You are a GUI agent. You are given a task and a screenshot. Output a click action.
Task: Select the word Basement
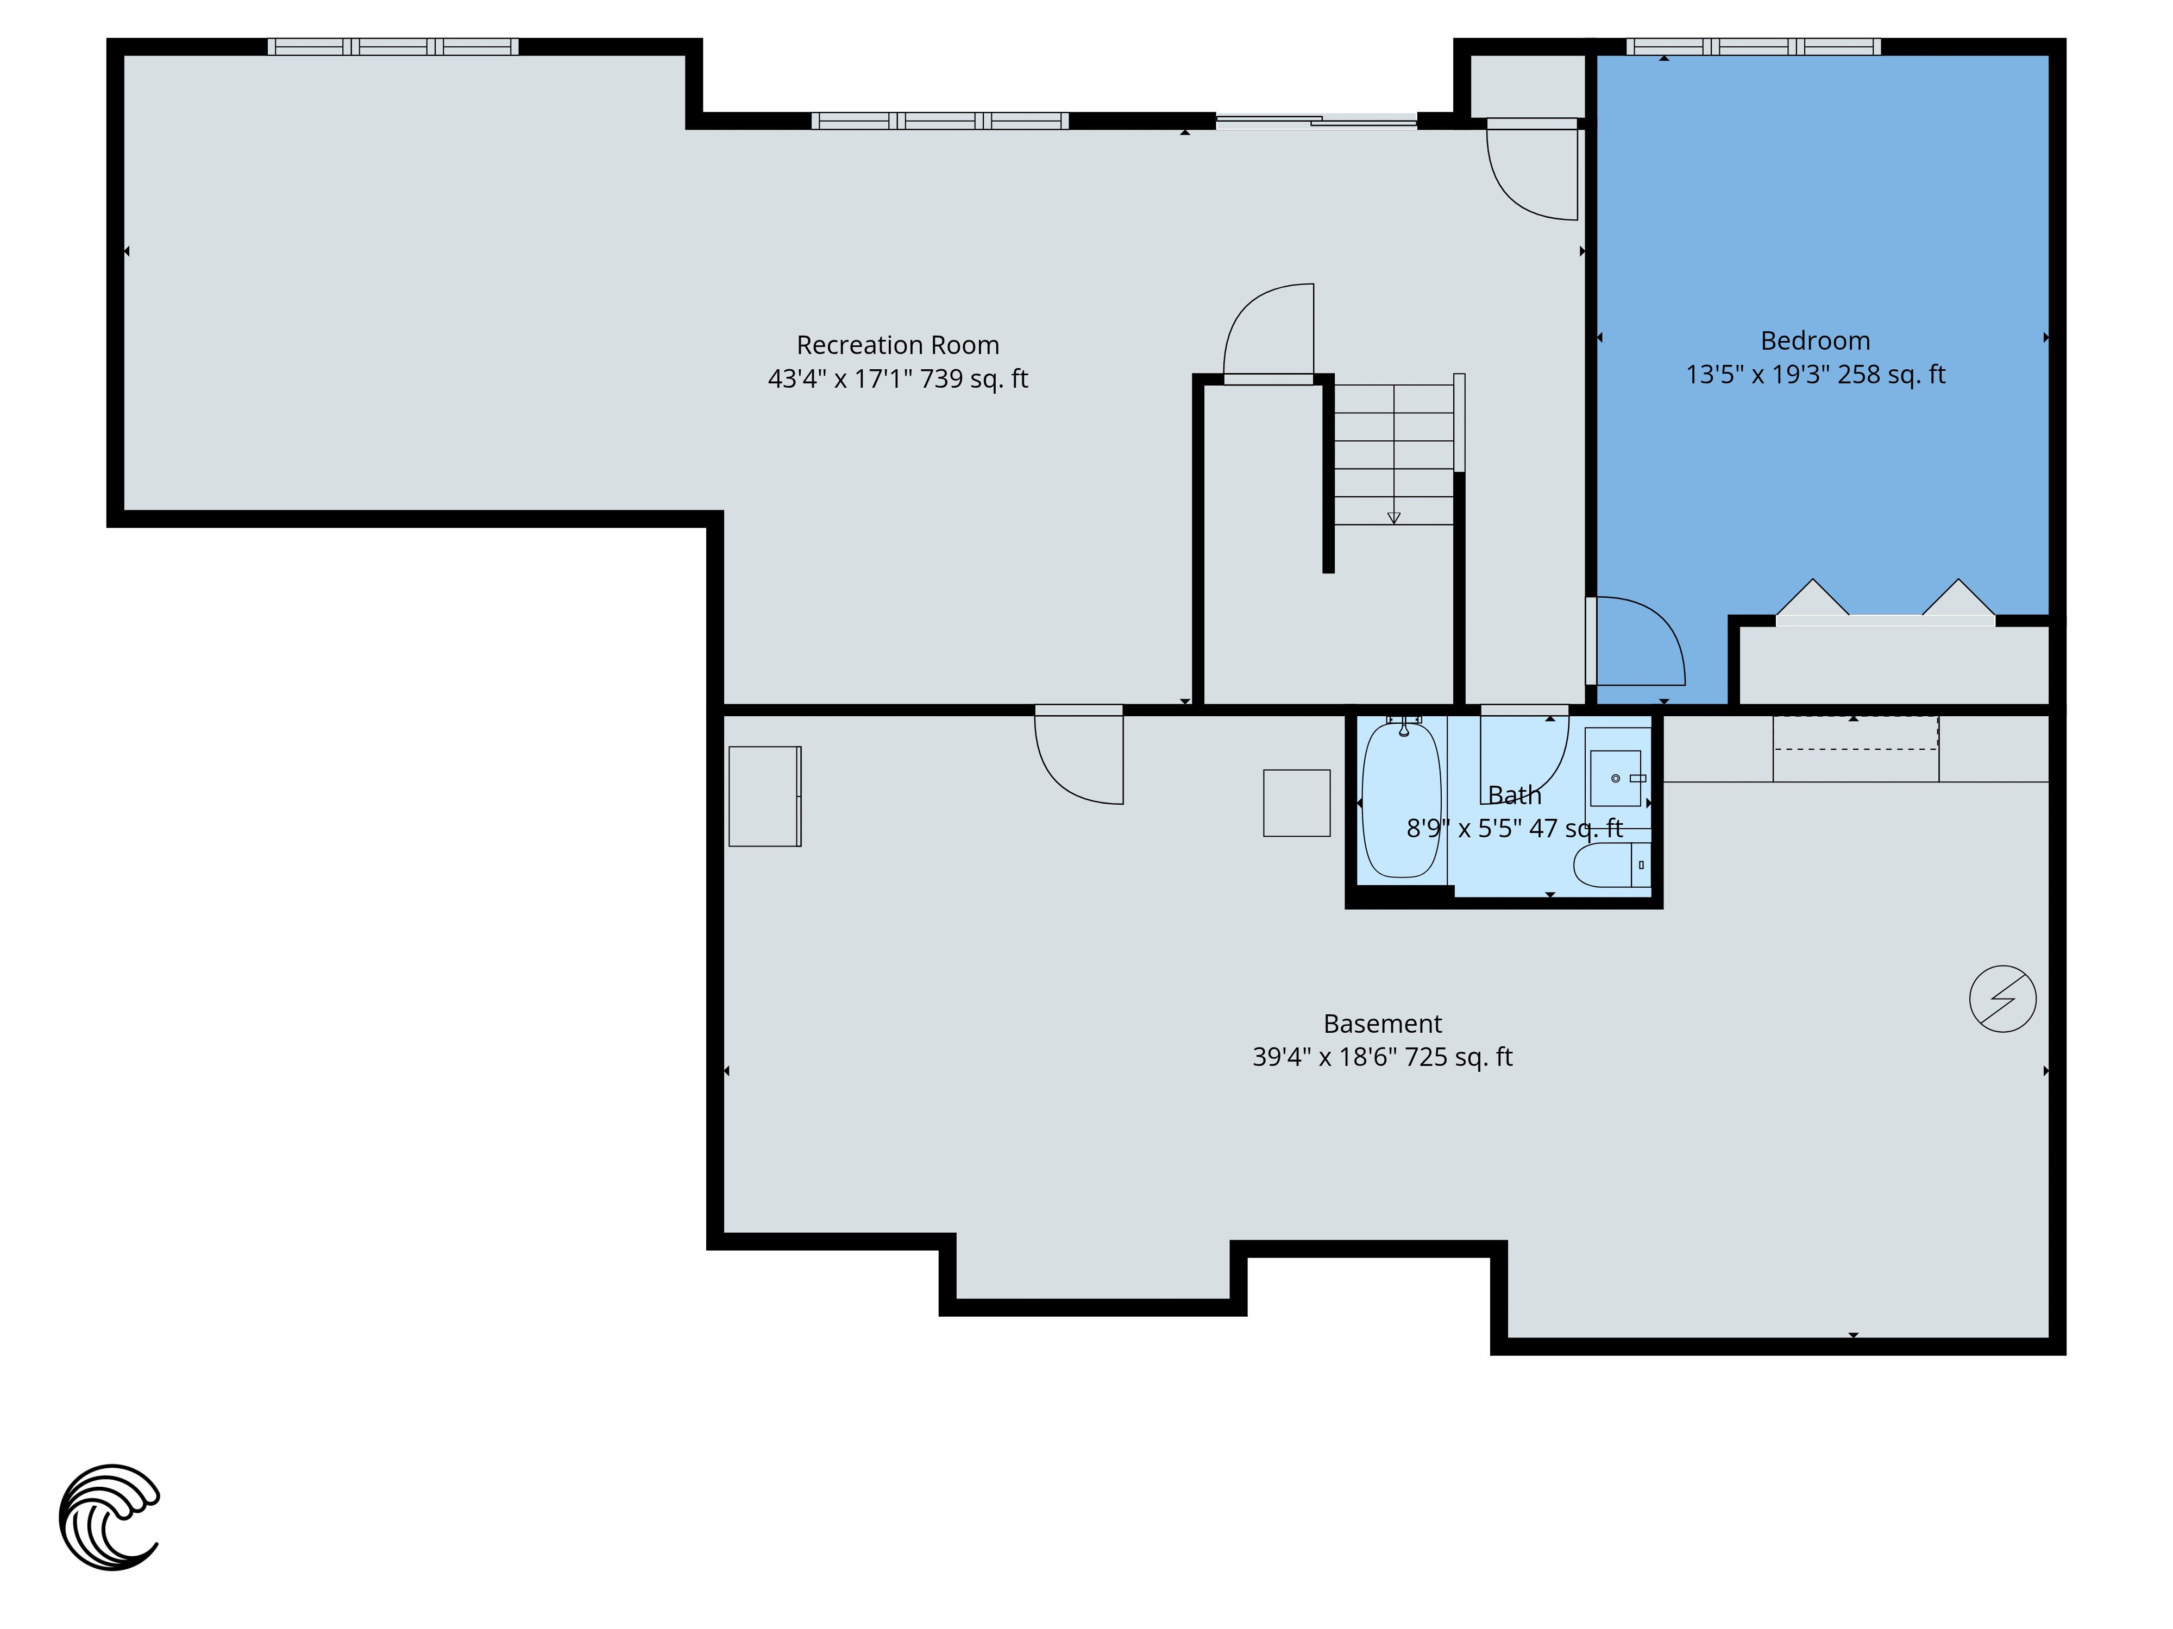point(1382,1024)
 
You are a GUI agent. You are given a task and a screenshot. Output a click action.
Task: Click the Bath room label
point(1514,795)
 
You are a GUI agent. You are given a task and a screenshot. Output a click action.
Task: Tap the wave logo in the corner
point(109,1517)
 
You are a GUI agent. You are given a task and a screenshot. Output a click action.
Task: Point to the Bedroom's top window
point(1754,46)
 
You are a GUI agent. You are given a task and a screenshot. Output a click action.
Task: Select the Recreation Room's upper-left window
point(393,46)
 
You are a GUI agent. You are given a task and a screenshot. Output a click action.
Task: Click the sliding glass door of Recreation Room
point(1316,121)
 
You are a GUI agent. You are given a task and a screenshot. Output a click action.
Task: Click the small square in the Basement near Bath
point(1297,803)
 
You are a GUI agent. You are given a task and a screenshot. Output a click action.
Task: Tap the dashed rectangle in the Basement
point(1856,733)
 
